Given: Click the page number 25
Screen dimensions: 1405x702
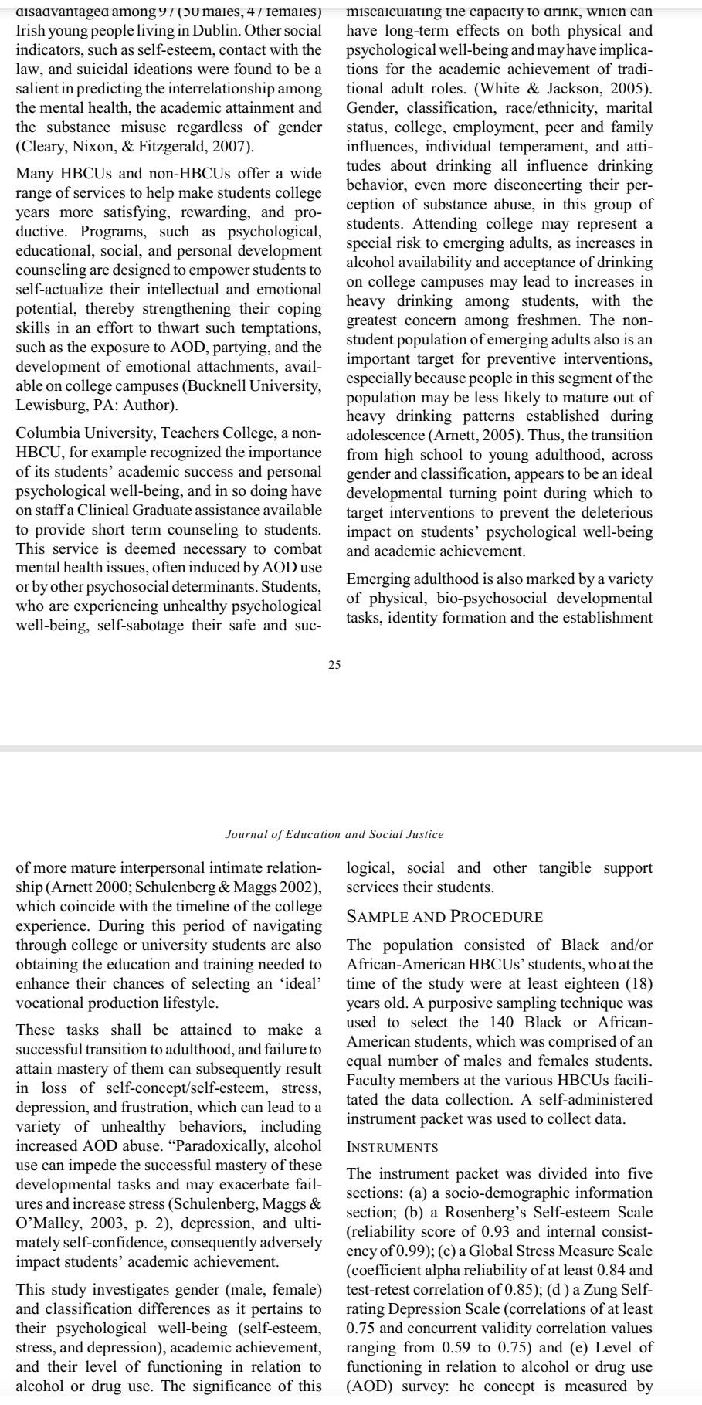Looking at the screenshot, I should pos(334,665).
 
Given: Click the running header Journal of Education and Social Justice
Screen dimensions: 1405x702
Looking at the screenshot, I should pos(334,834).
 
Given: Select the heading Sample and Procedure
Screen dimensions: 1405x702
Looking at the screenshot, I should pos(444,917).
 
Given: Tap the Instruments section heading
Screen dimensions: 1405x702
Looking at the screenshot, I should pos(392,1147).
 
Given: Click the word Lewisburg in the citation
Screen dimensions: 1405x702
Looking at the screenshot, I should pos(47,405).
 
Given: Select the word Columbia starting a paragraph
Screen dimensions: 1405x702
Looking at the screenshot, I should pos(46,433).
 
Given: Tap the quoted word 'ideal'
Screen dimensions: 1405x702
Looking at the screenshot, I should pos(300,983).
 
